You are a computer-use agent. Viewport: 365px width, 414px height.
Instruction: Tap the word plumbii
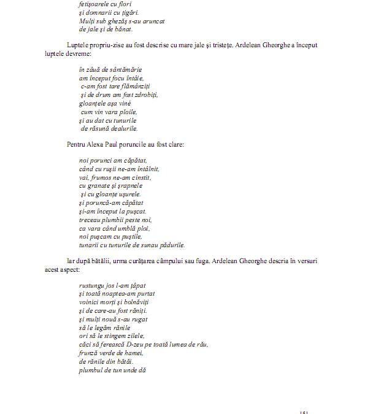(x=115, y=220)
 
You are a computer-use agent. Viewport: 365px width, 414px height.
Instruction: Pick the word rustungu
(x=92, y=286)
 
